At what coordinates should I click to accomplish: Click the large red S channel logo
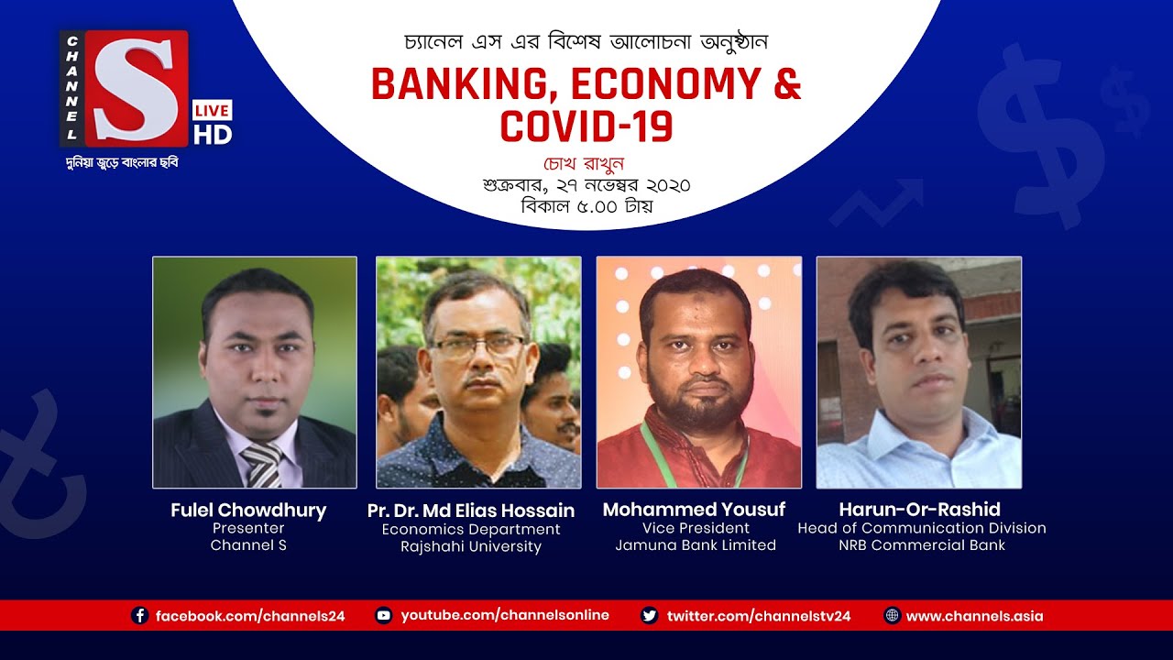coord(137,88)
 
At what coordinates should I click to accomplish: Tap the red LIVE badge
coord(212,111)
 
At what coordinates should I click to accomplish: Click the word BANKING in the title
coord(462,84)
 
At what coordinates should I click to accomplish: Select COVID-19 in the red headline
coord(586,126)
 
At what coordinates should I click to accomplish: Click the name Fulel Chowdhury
coord(248,511)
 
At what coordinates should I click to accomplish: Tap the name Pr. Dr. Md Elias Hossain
coord(471,511)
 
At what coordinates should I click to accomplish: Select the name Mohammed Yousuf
coord(694,510)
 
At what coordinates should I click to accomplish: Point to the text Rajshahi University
coord(471,546)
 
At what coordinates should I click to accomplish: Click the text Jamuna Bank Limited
coord(696,545)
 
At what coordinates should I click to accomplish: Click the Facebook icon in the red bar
coord(140,616)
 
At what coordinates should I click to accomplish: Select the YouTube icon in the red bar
coord(385,616)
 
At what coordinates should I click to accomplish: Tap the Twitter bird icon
coord(650,616)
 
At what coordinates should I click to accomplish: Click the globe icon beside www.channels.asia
coord(892,616)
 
